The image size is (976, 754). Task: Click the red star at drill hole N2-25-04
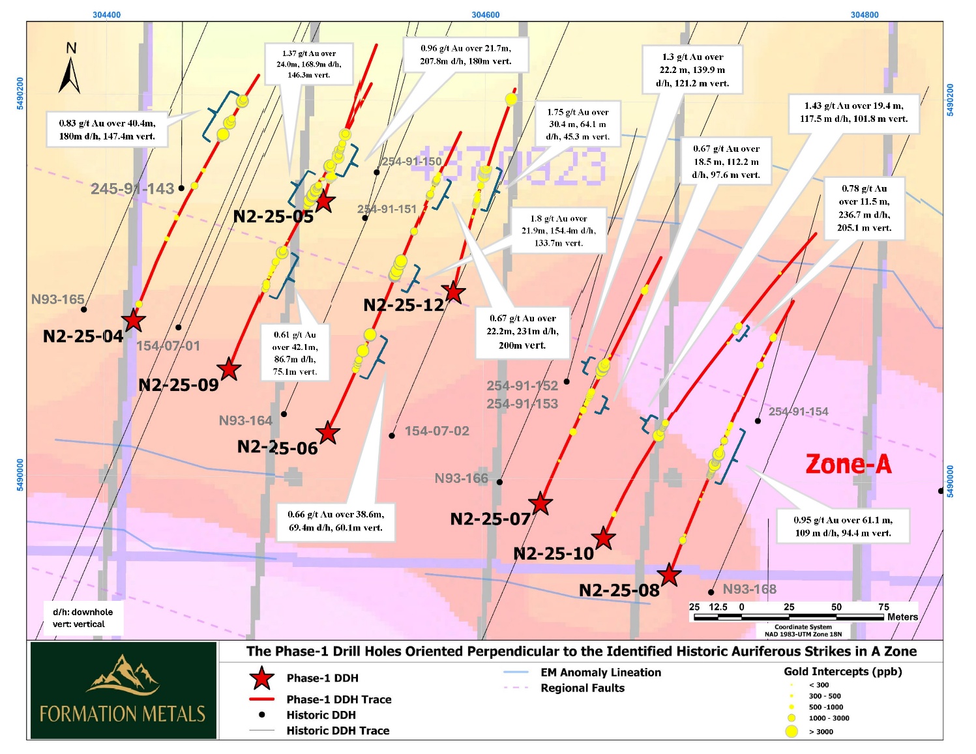click(x=134, y=320)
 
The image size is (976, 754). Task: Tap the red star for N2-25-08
click(x=669, y=575)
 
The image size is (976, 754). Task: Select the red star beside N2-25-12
click(x=453, y=293)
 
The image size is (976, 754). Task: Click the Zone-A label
click(x=848, y=465)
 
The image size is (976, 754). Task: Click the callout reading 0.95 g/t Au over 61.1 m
click(x=842, y=527)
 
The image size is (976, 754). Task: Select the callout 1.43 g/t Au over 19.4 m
click(x=853, y=112)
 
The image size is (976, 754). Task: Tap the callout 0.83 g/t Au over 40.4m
click(x=107, y=130)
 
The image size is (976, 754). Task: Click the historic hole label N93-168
click(x=749, y=589)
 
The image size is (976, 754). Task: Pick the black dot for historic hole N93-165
click(x=84, y=310)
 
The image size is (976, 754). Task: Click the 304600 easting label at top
click(x=485, y=15)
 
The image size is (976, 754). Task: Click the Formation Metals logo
click(x=123, y=691)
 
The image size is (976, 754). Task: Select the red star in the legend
click(x=261, y=678)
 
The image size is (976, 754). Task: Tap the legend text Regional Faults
click(x=582, y=688)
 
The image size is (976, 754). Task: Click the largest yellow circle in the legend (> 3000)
click(x=791, y=731)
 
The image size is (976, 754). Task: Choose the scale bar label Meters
click(x=902, y=616)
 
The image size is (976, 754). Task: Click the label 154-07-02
click(x=437, y=431)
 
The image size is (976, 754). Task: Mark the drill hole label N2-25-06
click(x=277, y=448)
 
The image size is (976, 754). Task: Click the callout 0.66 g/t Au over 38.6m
click(x=336, y=521)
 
